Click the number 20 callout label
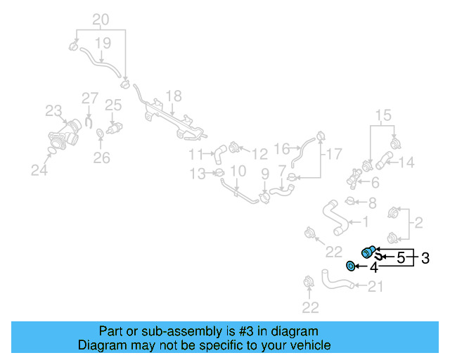click(101, 19)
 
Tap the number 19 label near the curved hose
click(103, 44)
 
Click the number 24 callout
click(39, 168)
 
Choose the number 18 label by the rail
click(173, 96)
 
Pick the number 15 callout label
click(382, 115)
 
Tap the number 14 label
click(407, 163)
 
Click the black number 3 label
click(425, 258)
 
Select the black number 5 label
click(401, 258)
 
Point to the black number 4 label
click(374, 267)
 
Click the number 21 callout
click(376, 285)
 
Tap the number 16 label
click(281, 149)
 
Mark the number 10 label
click(238, 171)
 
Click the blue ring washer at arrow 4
click(350, 266)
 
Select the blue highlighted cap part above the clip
click(367, 252)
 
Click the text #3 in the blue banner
click(230, 331)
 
